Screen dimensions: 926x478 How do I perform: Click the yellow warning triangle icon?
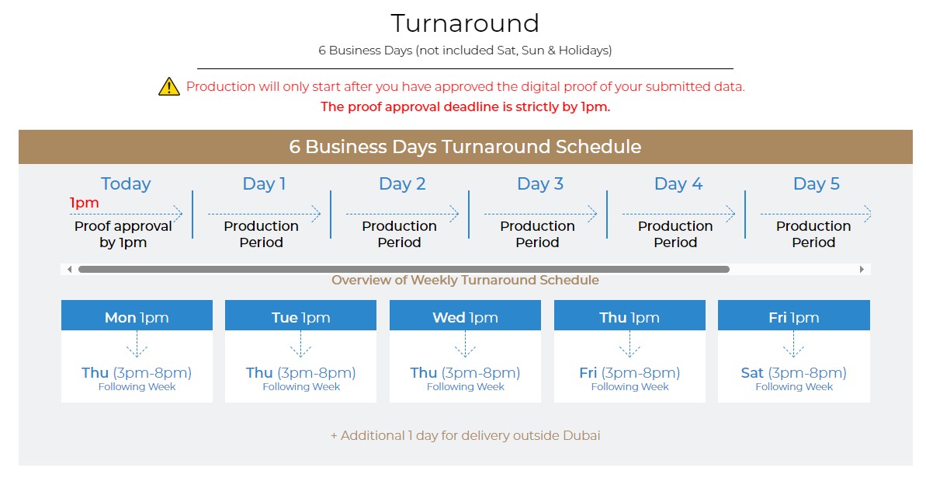tap(169, 86)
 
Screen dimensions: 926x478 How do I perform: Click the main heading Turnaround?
tap(465, 23)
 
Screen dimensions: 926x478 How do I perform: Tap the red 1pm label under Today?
tap(84, 203)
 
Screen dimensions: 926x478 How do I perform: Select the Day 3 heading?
tap(540, 184)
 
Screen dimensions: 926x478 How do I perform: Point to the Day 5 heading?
tap(816, 184)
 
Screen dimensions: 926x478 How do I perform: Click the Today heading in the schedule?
tap(126, 184)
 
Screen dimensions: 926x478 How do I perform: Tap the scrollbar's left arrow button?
tap(69, 269)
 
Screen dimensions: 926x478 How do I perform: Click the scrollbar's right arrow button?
tap(862, 269)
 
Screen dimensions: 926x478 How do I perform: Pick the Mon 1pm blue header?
tap(137, 316)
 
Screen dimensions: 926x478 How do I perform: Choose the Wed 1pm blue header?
tap(466, 316)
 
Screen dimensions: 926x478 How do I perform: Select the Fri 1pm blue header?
tap(794, 316)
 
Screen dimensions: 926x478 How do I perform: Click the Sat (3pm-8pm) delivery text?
tap(794, 373)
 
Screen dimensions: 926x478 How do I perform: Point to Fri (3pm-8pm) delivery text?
tap(629, 373)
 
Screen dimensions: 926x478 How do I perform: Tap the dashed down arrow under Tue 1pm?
tap(300, 344)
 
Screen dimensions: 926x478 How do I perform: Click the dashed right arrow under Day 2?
tap(402, 215)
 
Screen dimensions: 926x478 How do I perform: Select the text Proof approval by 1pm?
tap(123, 234)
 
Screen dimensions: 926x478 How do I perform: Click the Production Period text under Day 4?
tap(675, 234)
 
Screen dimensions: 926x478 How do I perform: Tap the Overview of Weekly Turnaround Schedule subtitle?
tap(466, 280)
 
